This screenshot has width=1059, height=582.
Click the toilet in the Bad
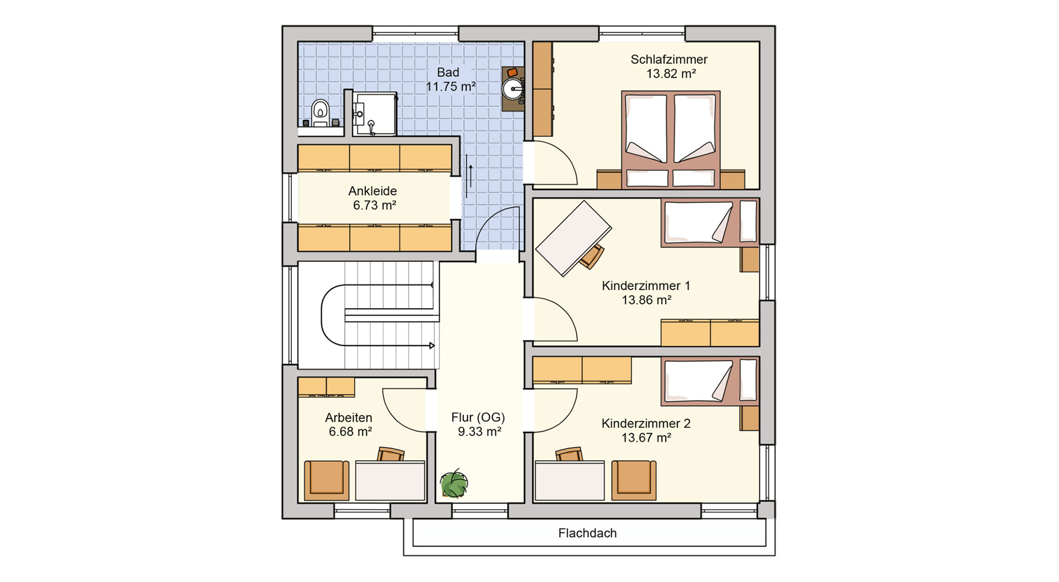coord(320,113)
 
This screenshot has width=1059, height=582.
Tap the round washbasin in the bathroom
coord(513,89)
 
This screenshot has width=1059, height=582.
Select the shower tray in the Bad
coord(374,114)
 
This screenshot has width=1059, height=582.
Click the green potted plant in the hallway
coord(454,483)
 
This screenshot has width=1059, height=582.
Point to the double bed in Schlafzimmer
coord(671,140)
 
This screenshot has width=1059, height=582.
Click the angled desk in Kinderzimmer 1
coord(574,238)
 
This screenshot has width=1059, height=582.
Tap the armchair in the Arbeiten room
coord(327,480)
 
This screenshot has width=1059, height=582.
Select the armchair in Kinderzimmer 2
coord(634,480)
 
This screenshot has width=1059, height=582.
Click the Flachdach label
coord(587,533)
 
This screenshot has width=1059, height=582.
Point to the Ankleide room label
coord(373,191)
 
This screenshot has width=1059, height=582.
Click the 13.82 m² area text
coord(671,74)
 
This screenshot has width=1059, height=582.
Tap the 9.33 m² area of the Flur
coord(479,431)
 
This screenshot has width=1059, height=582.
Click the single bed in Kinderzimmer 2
coord(710,381)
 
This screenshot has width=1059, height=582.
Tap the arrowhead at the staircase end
coord(432,346)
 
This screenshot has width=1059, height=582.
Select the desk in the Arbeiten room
coord(390,480)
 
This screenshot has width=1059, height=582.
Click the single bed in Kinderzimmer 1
coord(710,222)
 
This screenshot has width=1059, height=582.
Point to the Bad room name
coord(448,72)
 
